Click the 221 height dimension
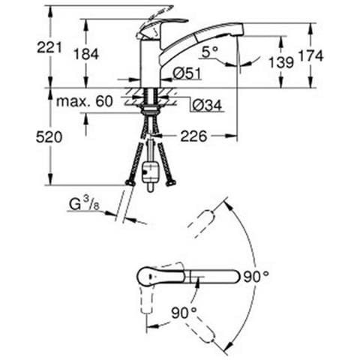tap(49, 47)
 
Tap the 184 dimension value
tap(86, 54)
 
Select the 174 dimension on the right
tap(311, 55)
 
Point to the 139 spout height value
tap(281, 62)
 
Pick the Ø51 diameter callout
tap(187, 73)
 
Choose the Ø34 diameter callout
tap(207, 105)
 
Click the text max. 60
tap(85, 101)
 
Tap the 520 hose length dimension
tap(49, 137)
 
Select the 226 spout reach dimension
tap(194, 136)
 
